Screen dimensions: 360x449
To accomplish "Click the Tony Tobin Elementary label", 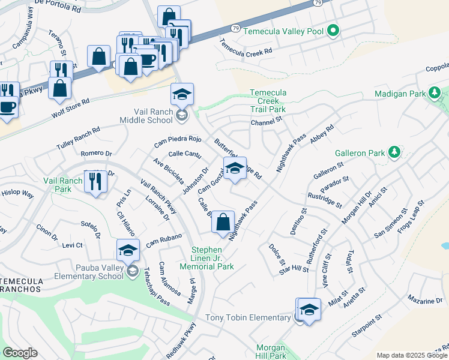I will pyautogui.click(x=248, y=317).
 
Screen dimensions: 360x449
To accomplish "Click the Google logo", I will pyautogui.click(x=20, y=353).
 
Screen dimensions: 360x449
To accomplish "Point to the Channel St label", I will pyautogui.click(x=266, y=122).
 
